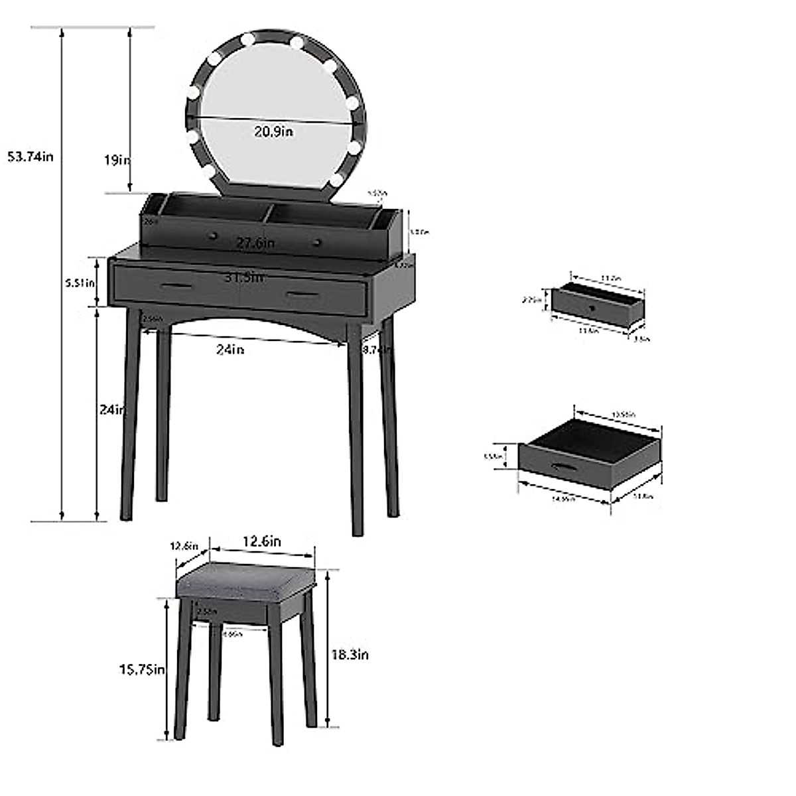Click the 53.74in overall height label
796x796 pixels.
(30, 157)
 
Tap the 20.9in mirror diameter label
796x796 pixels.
(273, 131)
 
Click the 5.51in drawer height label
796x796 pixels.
(80, 282)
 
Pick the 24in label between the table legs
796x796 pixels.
(231, 350)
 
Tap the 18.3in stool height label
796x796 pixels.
(350, 655)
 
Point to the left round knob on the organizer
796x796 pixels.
(214, 235)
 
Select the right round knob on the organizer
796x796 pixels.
(317, 240)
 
